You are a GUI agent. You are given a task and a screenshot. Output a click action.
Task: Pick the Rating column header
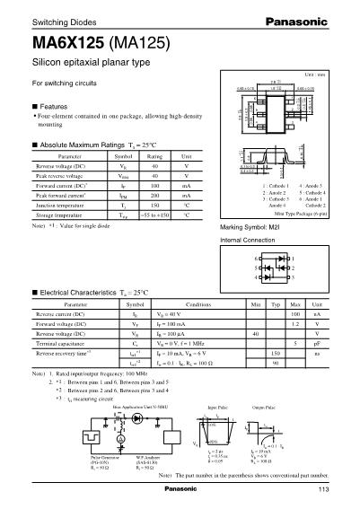pos(154,156)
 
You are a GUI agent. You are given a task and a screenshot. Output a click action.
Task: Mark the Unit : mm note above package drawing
pos(338,77)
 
